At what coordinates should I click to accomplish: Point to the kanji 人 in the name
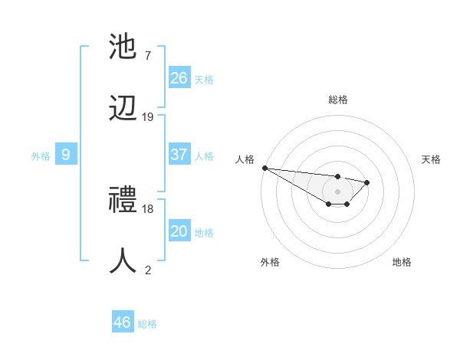pos(125,261)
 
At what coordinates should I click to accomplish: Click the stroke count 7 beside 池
pos(148,56)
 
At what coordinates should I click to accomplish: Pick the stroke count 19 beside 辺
pos(148,116)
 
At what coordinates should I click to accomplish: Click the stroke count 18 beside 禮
pos(148,208)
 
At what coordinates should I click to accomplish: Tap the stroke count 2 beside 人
pos(148,269)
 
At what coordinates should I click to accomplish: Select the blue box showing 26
pos(179,78)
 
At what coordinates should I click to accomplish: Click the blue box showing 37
pos(179,155)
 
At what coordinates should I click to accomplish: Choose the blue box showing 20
pos(179,231)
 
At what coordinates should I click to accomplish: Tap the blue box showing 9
pos(66,155)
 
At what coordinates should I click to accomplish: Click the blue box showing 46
pos(123,322)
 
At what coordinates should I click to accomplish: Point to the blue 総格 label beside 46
pos(147,324)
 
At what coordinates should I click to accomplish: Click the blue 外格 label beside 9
pos(41,156)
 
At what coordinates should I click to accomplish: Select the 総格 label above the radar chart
pos(337,100)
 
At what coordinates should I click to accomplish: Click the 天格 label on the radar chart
pos(431,159)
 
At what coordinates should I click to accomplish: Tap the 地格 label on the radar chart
pos(402,262)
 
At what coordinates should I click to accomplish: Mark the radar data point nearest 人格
pos(264,168)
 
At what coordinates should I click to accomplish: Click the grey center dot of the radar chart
pos(337,191)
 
